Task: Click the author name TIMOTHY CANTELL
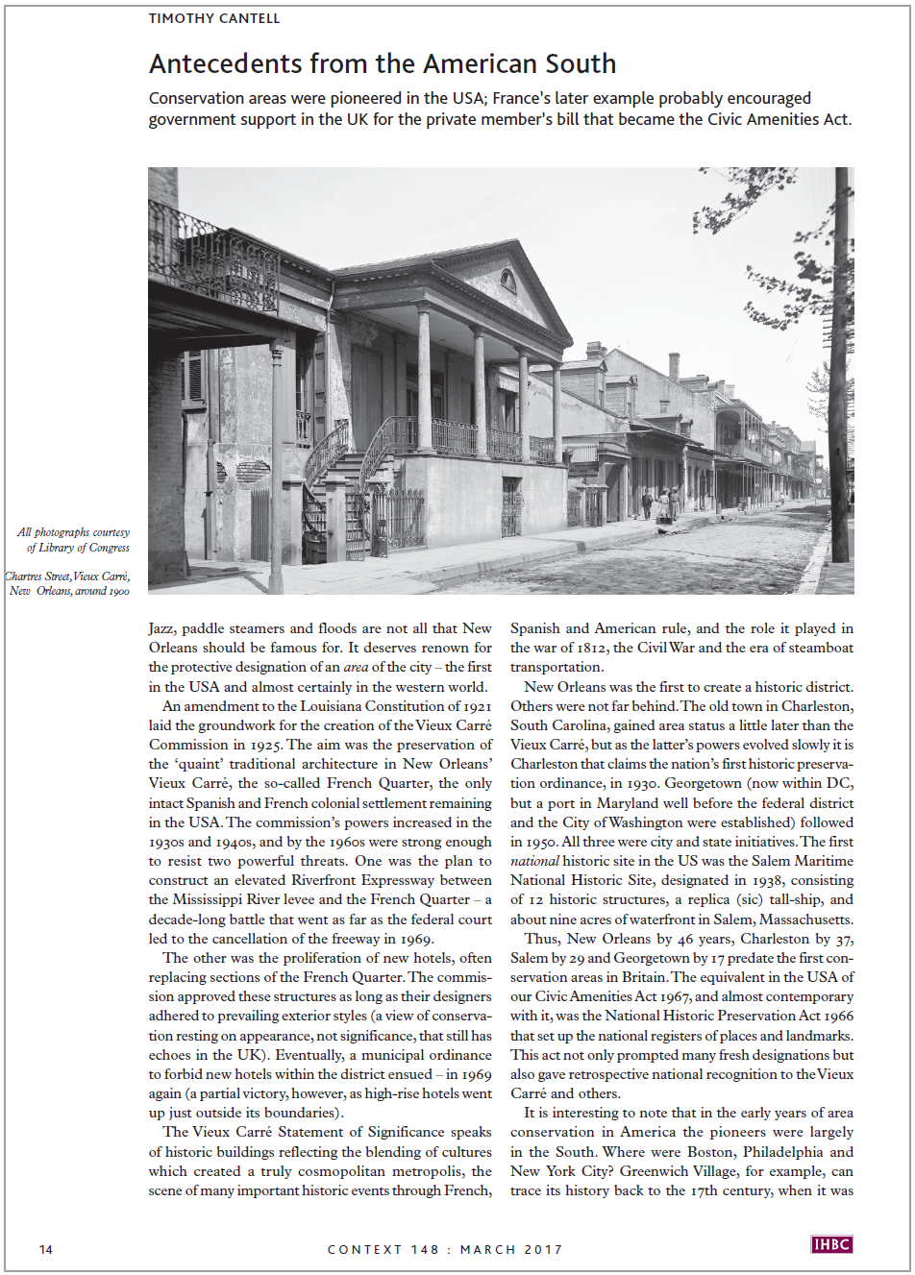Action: click(213, 18)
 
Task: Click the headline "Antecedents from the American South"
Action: click(383, 64)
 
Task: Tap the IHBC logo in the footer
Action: click(831, 1244)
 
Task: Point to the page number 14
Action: click(46, 1249)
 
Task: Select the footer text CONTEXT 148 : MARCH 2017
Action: click(445, 1249)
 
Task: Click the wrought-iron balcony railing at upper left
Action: click(213, 259)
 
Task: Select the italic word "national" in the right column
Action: click(534, 861)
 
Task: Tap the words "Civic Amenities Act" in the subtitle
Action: click(779, 119)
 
